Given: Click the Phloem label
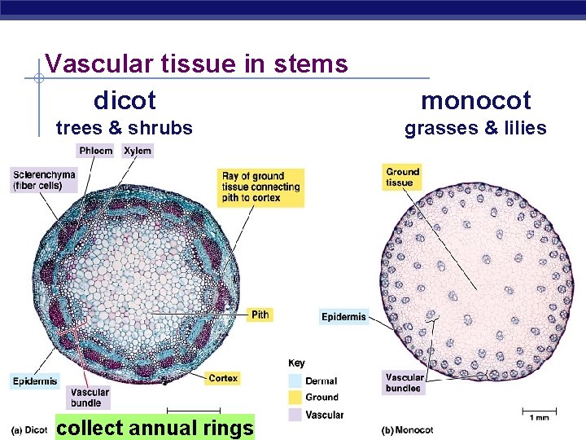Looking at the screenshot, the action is point(95,151).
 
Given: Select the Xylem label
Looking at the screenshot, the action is point(138,151).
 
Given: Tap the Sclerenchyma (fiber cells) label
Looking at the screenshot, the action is point(44,180).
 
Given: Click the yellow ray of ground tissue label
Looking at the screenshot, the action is point(260,187).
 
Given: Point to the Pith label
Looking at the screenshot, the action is point(260,315).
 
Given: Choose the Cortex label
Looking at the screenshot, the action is point(222,378).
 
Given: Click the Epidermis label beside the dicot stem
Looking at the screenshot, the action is point(35,381).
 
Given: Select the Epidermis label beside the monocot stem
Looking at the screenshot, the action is point(343,316).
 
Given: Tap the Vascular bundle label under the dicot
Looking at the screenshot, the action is point(89,398).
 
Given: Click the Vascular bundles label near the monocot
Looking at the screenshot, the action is point(404,382).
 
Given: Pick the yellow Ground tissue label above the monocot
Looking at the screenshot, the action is point(402,177).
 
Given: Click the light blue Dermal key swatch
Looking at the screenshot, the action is point(295,381).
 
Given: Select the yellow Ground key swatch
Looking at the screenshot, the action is point(295,397).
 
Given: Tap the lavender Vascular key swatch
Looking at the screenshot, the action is point(295,415).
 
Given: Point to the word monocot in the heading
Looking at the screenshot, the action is point(475,101).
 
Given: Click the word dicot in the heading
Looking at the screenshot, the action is point(125,101).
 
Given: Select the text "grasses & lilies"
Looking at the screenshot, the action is point(475,128).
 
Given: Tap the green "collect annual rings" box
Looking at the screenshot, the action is point(155,427).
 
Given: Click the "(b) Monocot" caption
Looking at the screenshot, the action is point(408,430).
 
